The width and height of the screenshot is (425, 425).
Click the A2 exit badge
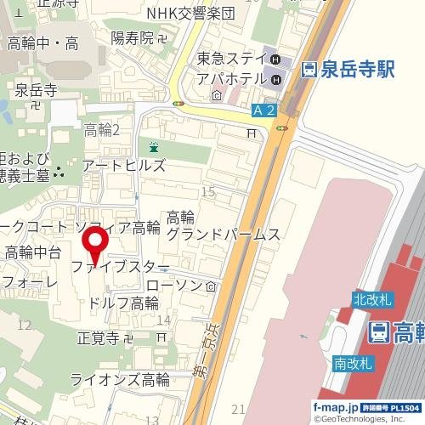[263, 110]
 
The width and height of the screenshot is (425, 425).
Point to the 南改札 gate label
[353, 363]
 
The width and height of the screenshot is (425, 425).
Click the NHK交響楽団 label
[201, 14]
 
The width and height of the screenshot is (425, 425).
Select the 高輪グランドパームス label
[223, 226]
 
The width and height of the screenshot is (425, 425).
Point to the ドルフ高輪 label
[125, 303]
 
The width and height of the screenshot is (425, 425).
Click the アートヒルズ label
[124, 166]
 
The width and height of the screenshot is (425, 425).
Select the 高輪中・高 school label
[42, 43]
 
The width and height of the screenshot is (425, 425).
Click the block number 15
[208, 194]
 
